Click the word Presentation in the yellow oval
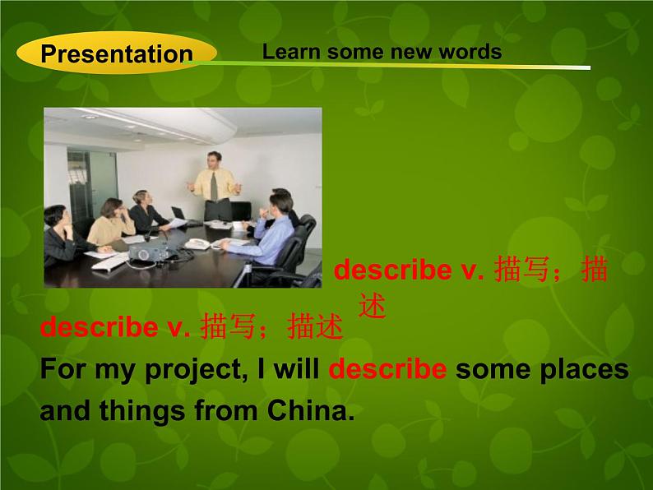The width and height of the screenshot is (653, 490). [117, 54]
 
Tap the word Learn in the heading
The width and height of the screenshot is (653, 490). [291, 52]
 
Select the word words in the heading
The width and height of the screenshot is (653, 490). [470, 52]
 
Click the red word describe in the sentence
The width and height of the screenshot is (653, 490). [387, 369]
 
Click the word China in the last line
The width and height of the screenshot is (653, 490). [311, 410]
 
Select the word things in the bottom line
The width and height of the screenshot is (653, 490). [142, 411]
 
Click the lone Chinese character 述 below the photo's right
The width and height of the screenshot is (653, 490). [372, 306]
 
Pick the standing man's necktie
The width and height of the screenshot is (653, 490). [214, 186]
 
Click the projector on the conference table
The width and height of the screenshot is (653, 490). [147, 252]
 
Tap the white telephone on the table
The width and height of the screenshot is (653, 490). [197, 244]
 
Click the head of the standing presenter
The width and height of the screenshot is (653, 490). [215, 160]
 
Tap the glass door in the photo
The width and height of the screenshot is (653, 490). [91, 187]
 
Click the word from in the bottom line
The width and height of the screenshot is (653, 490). [226, 410]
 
